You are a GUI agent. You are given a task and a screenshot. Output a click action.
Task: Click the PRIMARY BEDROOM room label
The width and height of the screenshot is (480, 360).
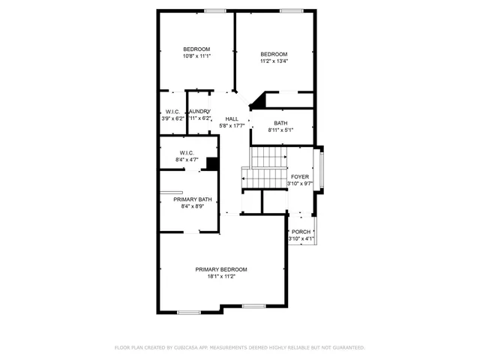pos(221,269)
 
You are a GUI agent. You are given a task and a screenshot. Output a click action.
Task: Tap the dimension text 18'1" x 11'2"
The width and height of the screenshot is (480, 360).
pos(221,277)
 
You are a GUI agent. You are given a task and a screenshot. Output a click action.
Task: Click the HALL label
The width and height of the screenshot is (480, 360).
pos(232,118)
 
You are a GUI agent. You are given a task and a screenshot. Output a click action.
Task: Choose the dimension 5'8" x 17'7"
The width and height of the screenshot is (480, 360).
pos(232,126)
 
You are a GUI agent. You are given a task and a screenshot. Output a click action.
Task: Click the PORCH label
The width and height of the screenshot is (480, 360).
pos(301,232)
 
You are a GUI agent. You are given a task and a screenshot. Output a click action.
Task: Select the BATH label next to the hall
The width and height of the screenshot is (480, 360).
pos(280,123)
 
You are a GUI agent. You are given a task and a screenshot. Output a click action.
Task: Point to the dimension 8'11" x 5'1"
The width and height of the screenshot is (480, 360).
pos(280,130)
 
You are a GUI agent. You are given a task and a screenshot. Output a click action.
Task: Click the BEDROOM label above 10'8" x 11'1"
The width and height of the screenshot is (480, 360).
pos(196,49)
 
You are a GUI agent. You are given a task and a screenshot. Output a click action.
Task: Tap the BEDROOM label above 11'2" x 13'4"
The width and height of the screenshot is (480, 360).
pos(274,54)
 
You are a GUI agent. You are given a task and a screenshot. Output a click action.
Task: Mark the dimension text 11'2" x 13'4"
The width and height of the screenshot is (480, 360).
pos(274,61)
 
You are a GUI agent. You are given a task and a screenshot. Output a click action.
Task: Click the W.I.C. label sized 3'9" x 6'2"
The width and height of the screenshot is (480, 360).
pos(172,112)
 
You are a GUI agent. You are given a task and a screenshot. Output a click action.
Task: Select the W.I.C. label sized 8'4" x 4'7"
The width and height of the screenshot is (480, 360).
pos(187,152)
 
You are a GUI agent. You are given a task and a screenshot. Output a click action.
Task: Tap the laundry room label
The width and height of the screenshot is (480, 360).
pos(199,112)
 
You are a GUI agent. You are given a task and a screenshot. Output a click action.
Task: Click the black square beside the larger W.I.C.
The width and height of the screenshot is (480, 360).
pos(212,163)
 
